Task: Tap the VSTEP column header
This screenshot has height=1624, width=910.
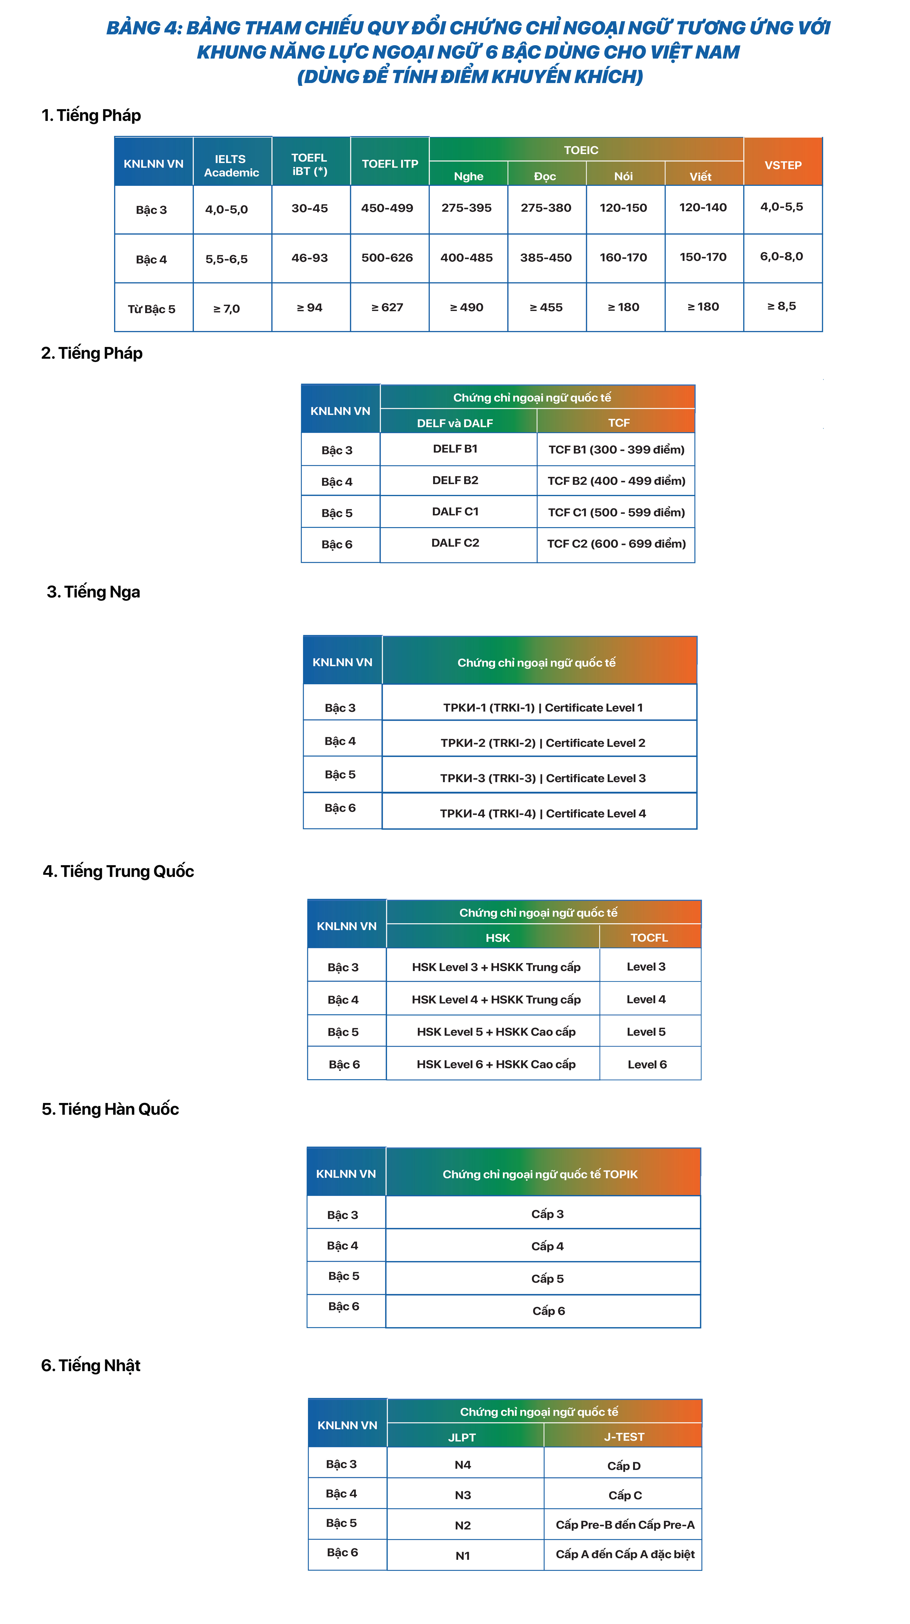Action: [x=783, y=165]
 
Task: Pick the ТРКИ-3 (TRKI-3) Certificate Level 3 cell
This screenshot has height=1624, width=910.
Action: [x=542, y=778]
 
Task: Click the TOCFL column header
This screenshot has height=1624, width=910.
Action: [x=649, y=937]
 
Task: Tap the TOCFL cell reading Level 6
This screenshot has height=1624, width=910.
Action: [x=647, y=1064]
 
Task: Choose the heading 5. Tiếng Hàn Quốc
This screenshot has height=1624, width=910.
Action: [x=110, y=1109]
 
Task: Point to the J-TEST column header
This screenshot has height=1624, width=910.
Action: [x=624, y=1437]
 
